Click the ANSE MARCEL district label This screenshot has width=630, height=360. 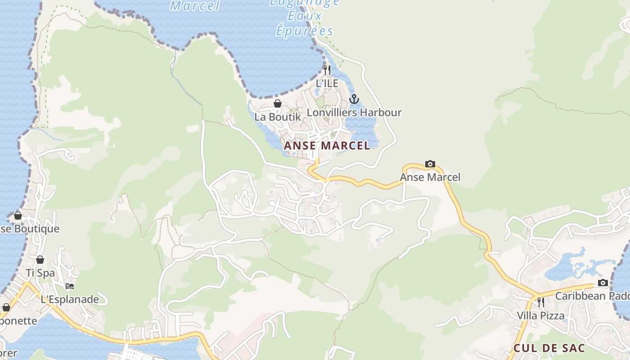327,145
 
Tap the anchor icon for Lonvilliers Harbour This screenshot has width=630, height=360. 354,99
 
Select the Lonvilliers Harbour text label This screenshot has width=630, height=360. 354,112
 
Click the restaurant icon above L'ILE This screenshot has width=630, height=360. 327,70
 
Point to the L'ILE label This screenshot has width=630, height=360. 327,83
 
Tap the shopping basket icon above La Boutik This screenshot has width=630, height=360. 278,104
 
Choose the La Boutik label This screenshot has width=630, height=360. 278,117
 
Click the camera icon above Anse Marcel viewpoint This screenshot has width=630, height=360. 430,164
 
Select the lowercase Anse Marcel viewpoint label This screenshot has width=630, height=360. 430,177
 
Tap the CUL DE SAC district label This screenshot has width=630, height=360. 549,348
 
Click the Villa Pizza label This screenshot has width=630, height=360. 540,315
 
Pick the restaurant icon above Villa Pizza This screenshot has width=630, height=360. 540,302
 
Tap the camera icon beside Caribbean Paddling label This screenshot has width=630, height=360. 603,283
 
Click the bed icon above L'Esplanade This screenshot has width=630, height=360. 70,286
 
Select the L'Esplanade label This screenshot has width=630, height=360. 70,299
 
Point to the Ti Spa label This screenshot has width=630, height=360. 40,273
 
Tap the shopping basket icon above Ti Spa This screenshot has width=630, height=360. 40,260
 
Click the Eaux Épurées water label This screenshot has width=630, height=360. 305,23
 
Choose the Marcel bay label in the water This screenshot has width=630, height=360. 195,6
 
